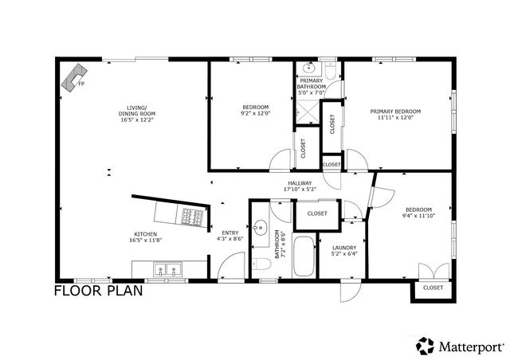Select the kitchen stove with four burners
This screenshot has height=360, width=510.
pyautogui.click(x=194, y=215)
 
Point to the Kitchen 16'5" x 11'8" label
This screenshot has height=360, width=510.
pyautogui.click(x=145, y=237)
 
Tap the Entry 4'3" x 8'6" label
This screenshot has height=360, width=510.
pyautogui.click(x=230, y=235)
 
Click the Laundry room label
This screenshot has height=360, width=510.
pyautogui.click(x=344, y=251)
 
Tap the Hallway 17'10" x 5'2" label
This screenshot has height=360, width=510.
pyautogui.click(x=300, y=186)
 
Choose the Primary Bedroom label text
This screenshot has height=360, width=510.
pyautogui.click(x=398, y=114)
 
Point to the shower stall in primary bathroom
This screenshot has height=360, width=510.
pyautogui.click(x=306, y=115)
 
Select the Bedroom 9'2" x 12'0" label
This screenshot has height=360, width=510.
pyautogui.click(x=255, y=110)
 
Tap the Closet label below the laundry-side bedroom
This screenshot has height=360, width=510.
pyautogui.click(x=433, y=288)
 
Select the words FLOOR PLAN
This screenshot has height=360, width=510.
pyautogui.click(x=98, y=291)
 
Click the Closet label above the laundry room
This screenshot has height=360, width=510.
pyautogui.click(x=317, y=213)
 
